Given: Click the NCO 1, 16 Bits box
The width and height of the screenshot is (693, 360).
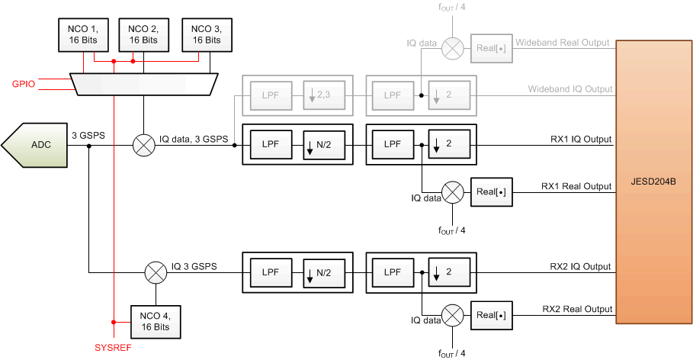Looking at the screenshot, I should (x=83, y=34).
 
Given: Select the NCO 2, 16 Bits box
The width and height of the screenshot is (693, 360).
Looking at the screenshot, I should (x=143, y=34).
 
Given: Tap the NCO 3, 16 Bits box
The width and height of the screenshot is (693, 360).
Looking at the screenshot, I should (x=206, y=34).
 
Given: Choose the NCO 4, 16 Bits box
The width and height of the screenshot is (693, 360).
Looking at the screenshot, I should (x=156, y=321).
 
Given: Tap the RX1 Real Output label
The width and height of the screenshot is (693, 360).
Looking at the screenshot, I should (x=576, y=186).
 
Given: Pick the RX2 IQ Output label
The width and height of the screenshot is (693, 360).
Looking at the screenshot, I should (x=580, y=266).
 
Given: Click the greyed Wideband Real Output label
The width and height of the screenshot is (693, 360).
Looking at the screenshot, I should (x=563, y=43).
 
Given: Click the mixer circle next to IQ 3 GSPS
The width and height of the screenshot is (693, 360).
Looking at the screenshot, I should (x=156, y=272).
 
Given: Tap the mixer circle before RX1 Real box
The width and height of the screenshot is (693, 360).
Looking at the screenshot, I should (x=453, y=191).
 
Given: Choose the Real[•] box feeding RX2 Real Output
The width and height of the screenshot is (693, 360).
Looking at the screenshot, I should (x=491, y=313).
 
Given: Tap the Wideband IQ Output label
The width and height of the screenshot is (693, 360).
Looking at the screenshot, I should (x=570, y=89).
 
